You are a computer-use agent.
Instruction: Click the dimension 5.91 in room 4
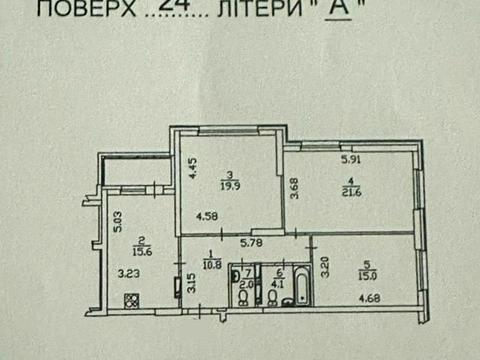click(350, 158)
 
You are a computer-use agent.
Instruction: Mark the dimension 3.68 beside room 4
click(294, 188)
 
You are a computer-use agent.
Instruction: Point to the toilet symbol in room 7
click(245, 297)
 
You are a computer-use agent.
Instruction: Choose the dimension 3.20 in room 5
click(324, 267)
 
